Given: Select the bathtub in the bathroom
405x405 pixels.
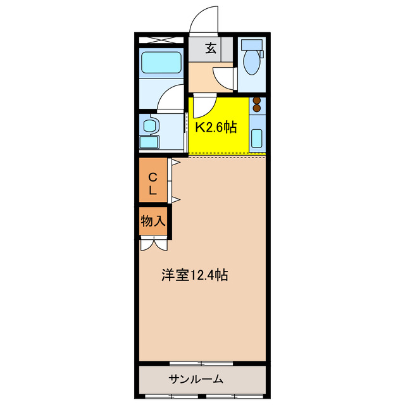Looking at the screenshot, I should tap(161, 63).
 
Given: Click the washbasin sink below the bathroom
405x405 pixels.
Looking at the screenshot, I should tap(149, 125).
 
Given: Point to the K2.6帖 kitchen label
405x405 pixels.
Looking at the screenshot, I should tap(215, 127).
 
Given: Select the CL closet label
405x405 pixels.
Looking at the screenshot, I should tap(153, 181).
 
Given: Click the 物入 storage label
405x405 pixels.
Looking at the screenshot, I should tap(153, 221).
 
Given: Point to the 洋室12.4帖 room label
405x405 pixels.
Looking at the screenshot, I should tap(194, 275).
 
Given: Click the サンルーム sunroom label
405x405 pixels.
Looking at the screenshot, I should tap(196, 379).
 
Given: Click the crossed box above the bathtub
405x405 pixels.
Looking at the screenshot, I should tap(161, 39).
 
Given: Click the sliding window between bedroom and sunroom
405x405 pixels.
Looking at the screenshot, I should tap(201, 363).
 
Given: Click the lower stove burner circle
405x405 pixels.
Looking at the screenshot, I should tap(257, 108).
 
